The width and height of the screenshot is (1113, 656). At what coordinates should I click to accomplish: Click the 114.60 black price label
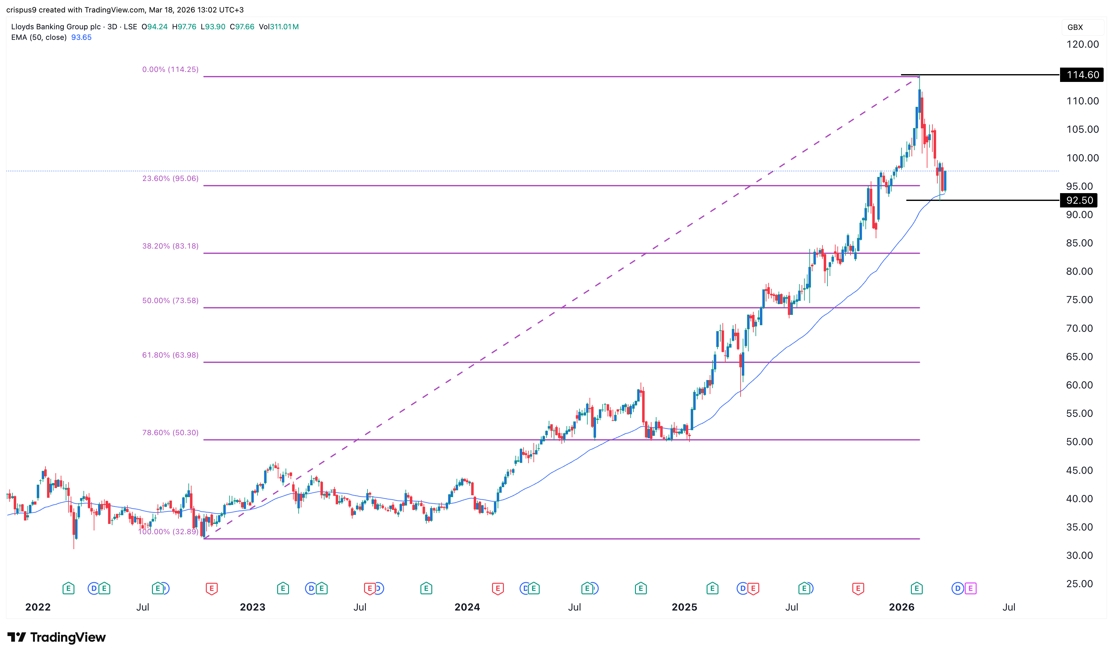coord(1082,75)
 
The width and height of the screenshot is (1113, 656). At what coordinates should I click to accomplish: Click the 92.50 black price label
coord(1079,200)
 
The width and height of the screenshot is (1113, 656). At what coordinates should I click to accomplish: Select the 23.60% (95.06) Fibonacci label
coord(170,178)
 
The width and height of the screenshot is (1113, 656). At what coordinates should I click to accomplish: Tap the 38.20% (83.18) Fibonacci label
coord(170,246)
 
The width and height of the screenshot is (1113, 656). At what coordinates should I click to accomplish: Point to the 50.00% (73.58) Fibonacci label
coord(170,301)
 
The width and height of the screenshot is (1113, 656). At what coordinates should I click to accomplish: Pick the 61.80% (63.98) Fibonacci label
coord(170,355)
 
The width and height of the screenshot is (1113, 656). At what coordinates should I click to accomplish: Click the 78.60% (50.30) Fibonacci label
coord(170,433)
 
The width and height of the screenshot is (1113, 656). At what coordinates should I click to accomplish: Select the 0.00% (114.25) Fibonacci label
coord(170,69)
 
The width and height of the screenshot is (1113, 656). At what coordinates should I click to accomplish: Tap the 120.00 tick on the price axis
coord(1082,44)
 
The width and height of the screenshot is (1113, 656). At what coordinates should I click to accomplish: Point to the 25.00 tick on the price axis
coord(1079,584)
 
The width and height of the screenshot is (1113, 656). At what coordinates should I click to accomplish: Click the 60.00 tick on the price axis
coord(1079,385)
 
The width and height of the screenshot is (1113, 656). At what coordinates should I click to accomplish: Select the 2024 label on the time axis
coord(467,607)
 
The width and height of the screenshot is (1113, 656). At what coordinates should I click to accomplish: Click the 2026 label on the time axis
coord(901,607)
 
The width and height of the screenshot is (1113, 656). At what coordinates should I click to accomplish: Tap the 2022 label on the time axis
coord(38,607)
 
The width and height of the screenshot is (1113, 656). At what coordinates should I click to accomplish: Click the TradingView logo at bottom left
coord(57,637)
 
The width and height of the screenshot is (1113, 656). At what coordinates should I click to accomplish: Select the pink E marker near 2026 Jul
coord(971,588)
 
